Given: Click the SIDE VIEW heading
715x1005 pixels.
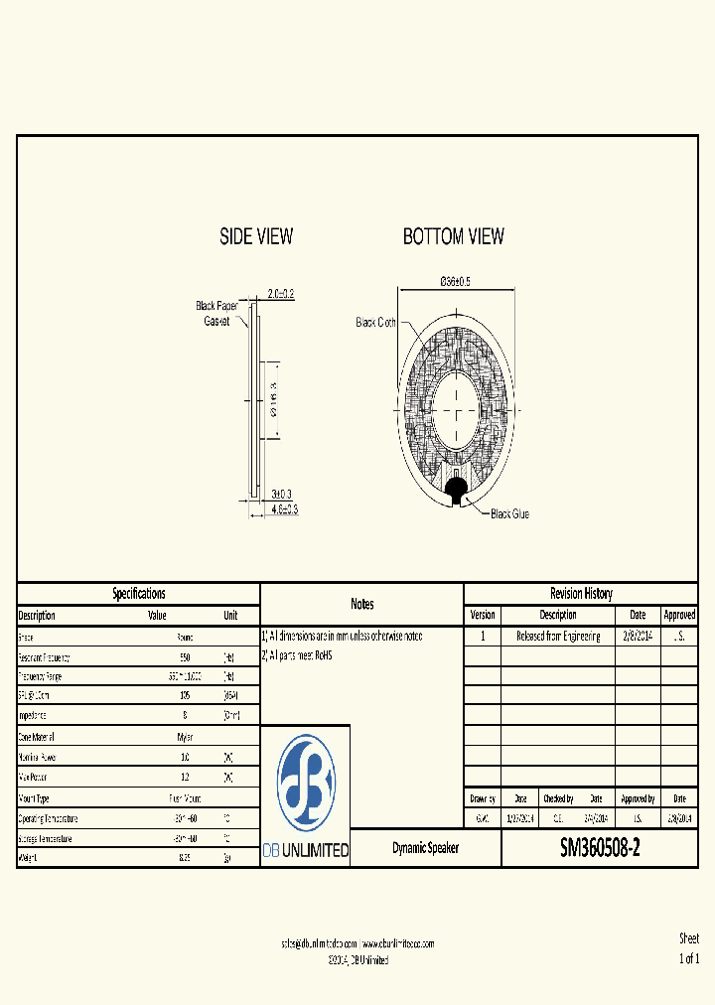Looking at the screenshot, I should click(x=256, y=236).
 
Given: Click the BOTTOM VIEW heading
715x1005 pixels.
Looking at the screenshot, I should click(x=453, y=236).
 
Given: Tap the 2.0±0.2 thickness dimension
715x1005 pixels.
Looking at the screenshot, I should click(x=281, y=295).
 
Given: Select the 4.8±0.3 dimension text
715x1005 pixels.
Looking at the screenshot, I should click(x=285, y=508).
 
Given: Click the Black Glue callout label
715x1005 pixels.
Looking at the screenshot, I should click(x=509, y=513).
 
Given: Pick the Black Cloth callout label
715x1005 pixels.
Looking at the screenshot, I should click(x=376, y=323).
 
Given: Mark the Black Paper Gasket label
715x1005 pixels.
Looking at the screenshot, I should click(x=216, y=314).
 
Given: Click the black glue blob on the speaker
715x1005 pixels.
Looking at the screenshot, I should click(x=458, y=488).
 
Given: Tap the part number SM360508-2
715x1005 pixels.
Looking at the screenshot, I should click(x=600, y=848).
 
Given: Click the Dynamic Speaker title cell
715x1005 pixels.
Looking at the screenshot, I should click(x=425, y=849).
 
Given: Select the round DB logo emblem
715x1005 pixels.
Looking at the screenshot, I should click(x=305, y=782).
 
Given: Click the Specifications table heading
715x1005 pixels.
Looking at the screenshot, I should click(x=138, y=594).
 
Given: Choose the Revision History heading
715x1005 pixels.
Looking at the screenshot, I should click(x=581, y=594).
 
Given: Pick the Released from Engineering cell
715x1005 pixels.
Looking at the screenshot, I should click(x=558, y=636).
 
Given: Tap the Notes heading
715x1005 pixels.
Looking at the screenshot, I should click(x=361, y=604).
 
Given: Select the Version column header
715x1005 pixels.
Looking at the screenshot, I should click(x=482, y=615).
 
